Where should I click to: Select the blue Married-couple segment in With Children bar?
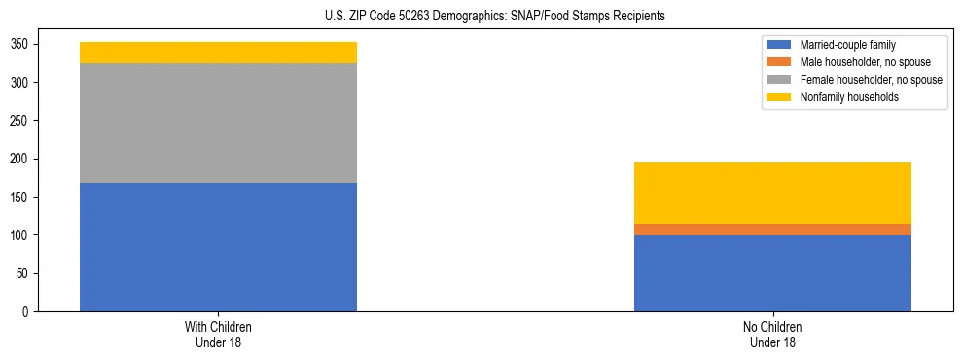(x=218, y=247)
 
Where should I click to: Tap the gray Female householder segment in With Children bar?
(x=218, y=123)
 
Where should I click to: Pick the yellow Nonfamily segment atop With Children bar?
(x=218, y=53)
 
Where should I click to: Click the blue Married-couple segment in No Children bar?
(x=772, y=273)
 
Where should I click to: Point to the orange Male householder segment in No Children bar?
(x=772, y=230)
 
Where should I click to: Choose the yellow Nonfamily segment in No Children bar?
(x=772, y=193)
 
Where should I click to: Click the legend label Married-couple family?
(x=846, y=45)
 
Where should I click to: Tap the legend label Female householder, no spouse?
(x=871, y=80)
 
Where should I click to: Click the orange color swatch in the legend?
(x=779, y=62)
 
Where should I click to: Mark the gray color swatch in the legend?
(x=779, y=80)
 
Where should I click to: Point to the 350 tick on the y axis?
(x=21, y=44)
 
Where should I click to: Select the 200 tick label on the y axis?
(x=21, y=159)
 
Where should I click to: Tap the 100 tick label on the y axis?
(x=21, y=235)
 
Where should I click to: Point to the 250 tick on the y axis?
(x=21, y=121)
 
